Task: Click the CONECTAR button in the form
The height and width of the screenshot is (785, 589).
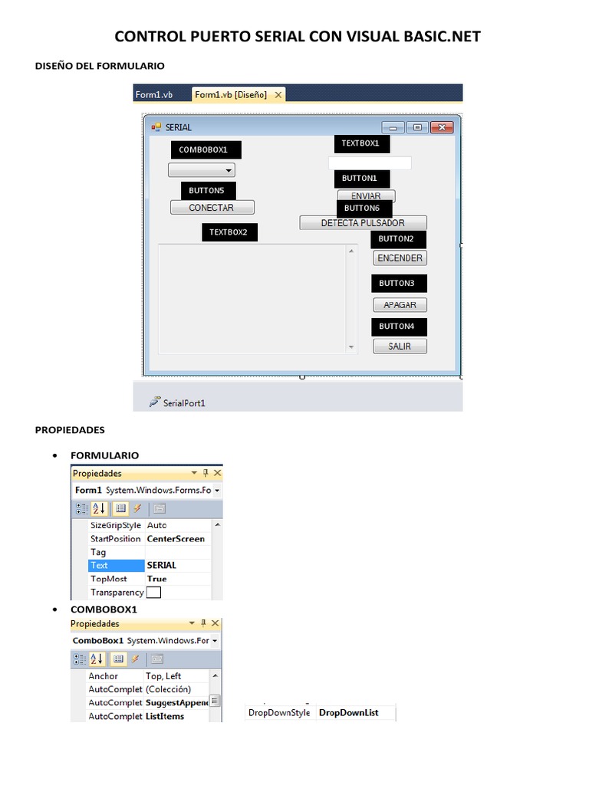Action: [x=212, y=208]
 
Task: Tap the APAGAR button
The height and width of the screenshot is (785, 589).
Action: [x=400, y=305]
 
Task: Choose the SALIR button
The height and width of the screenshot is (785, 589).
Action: [x=400, y=347]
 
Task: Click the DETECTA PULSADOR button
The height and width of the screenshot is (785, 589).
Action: [x=363, y=223]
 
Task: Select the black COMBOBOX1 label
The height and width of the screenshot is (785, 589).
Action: [x=205, y=150]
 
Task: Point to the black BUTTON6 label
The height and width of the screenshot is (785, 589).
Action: [x=364, y=209]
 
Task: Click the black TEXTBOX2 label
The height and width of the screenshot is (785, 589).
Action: [x=229, y=232]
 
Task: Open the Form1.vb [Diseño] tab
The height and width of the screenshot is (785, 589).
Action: [x=231, y=95]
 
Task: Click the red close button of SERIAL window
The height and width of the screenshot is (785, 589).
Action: [x=441, y=128]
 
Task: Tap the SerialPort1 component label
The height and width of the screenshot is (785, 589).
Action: [x=184, y=402]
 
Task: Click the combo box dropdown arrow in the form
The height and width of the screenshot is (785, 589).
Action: [x=228, y=171]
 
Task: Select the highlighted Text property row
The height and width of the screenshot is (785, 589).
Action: [x=116, y=566]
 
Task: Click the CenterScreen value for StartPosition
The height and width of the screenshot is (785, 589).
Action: [x=176, y=539]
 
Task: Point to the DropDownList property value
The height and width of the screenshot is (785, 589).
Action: [x=349, y=713]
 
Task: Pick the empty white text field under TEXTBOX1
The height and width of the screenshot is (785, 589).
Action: [x=370, y=163]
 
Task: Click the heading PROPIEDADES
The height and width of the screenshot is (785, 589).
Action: [x=70, y=430]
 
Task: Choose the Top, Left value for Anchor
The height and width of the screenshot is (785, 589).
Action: [x=163, y=676]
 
